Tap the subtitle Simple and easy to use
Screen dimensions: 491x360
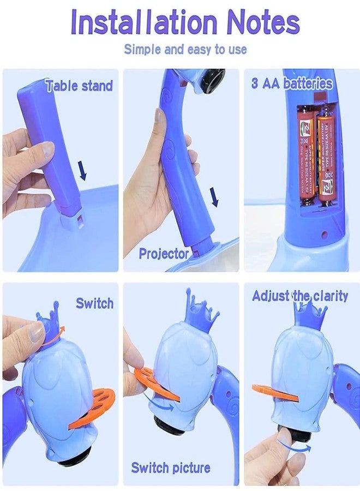pyautogui.click(x=185, y=49)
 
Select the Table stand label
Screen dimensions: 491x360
pyautogui.click(x=79, y=86)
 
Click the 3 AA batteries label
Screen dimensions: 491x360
pyautogui.click(x=292, y=83)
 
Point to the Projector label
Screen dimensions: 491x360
pyautogui.click(x=163, y=253)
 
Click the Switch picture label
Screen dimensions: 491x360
pyautogui.click(x=170, y=468)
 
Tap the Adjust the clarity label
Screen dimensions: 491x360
pyautogui.click(x=299, y=296)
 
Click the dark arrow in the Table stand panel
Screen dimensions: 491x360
pyautogui.click(x=82, y=170)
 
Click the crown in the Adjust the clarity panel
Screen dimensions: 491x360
pyautogui.click(x=309, y=316)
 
